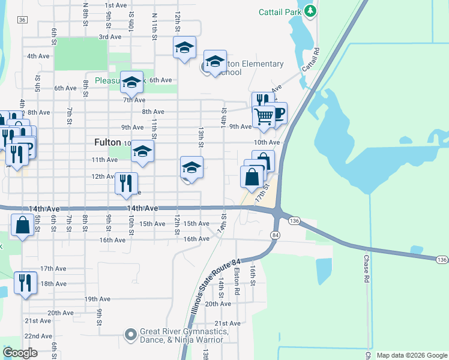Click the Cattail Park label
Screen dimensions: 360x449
pyautogui.click(x=279, y=11)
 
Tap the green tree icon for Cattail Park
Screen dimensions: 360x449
pyautogui.click(x=310, y=11)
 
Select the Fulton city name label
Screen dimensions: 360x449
pyautogui.click(x=107, y=142)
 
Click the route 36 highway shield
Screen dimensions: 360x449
pyautogui.click(x=22, y=20)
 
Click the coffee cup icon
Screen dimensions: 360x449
pyautogui.click(x=279, y=113)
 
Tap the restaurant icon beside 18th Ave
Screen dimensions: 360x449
pyautogui.click(x=25, y=282)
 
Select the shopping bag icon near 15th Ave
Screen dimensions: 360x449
pyautogui.click(x=22, y=226)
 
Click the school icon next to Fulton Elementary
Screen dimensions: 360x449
pyautogui.click(x=215, y=61)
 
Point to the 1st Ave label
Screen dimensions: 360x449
pyautogui.click(x=116, y=5)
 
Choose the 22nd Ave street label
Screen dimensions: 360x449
pyautogui.click(x=38, y=336)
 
